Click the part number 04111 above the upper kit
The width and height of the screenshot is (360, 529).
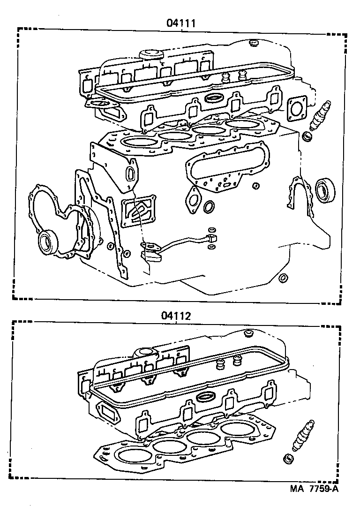click(x=180, y=22)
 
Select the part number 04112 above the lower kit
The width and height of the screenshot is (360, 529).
click(x=176, y=316)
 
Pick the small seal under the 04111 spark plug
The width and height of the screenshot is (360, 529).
click(x=307, y=136)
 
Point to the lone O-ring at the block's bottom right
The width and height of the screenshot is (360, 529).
click(x=283, y=278)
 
